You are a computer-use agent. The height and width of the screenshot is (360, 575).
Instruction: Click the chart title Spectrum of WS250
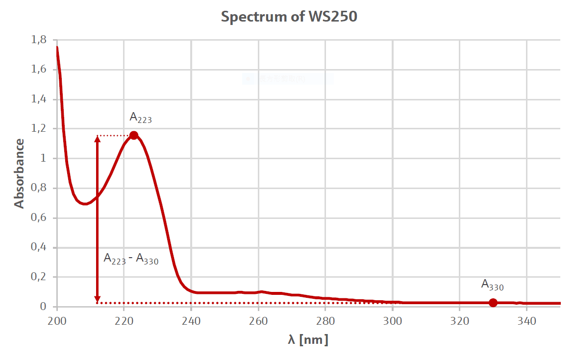point(289,17)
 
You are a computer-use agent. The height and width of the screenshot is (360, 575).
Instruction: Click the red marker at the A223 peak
point(134,135)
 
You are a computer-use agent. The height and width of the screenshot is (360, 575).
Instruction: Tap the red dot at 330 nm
point(493,303)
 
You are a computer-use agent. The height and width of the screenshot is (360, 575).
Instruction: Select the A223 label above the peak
point(140,118)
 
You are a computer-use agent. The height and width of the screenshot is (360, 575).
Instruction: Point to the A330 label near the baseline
point(492,285)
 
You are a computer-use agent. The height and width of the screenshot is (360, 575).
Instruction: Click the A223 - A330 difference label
point(131,259)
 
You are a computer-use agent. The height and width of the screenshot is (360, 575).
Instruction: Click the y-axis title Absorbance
point(19,173)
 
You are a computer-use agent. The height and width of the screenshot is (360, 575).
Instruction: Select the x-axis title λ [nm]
point(308,339)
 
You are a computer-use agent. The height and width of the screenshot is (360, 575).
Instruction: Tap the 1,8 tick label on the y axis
point(39,40)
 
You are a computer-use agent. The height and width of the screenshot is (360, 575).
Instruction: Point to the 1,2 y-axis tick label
point(39,129)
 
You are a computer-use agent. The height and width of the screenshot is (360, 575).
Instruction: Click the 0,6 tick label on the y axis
point(39,218)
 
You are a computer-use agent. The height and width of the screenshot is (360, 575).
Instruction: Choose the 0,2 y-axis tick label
point(39,277)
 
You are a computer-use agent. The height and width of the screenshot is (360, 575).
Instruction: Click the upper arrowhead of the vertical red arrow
point(97,139)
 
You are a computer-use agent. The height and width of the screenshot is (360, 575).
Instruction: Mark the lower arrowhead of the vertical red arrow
point(97,299)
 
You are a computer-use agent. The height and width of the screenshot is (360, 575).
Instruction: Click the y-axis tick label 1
point(43,159)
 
